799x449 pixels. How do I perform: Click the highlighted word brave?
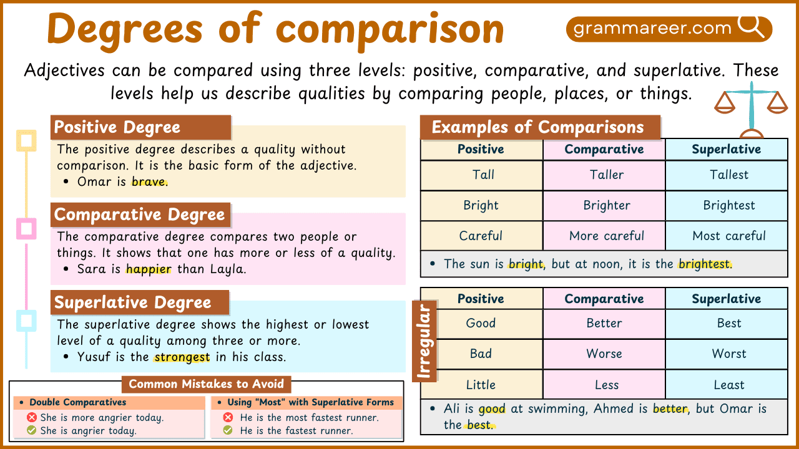coord(149,182)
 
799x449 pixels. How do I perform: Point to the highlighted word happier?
coord(149,269)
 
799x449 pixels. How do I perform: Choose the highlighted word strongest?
coord(182,357)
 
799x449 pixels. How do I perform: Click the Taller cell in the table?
coord(604,175)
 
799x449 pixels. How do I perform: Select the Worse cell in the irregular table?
coord(604,354)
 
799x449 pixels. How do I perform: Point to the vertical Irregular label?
coord(426,340)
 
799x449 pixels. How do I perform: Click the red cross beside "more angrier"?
coord(32,418)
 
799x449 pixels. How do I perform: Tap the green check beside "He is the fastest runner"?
coord(228,430)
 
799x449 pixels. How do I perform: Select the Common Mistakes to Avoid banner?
coord(206,384)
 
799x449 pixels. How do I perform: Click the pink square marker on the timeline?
coord(26,228)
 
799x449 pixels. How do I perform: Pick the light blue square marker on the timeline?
coord(26,321)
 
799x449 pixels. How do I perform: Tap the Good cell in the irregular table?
coord(481,323)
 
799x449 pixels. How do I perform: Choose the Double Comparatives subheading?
coord(77,402)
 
